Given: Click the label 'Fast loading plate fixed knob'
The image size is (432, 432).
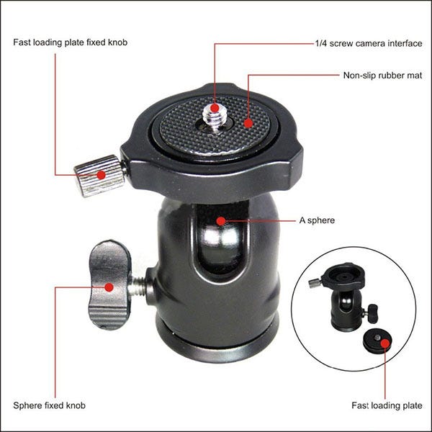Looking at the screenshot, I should [71, 42].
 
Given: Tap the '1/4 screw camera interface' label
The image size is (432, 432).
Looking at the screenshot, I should [368, 43].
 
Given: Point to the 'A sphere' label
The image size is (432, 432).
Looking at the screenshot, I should [317, 220].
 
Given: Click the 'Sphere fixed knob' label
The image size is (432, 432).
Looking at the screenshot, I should [49, 405].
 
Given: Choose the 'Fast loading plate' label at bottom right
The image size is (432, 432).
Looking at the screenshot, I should [384, 405].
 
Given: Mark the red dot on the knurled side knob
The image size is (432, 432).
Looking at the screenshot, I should [101, 174].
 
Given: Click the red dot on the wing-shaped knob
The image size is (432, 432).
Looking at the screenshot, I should [109, 287].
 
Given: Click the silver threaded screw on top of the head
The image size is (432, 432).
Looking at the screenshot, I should [215, 114].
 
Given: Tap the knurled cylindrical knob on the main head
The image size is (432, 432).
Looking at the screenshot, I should [98, 175].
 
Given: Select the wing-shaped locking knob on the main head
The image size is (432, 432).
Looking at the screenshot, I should [109, 284].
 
